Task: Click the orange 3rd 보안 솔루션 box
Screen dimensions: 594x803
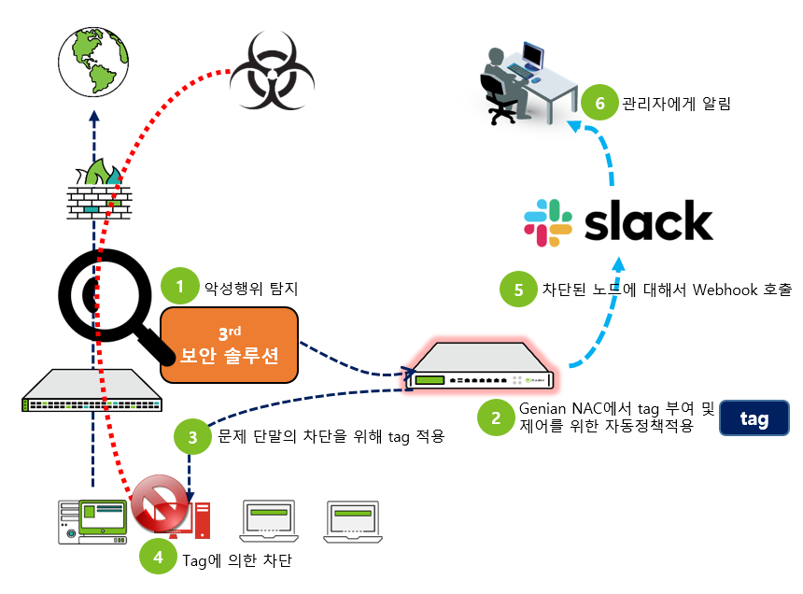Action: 229,345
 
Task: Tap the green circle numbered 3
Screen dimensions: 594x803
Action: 192,436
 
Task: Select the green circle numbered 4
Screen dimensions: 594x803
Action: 158,558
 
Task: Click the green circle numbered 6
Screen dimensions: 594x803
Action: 599,103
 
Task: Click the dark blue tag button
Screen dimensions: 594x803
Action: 754,419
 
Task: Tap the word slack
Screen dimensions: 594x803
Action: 648,222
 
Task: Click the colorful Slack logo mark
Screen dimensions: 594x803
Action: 548,222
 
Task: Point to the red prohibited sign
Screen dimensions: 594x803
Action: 160,507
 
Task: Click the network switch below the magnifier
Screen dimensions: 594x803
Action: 92,392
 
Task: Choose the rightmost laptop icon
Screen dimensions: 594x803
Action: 354,521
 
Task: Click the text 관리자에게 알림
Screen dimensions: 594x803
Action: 676,104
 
